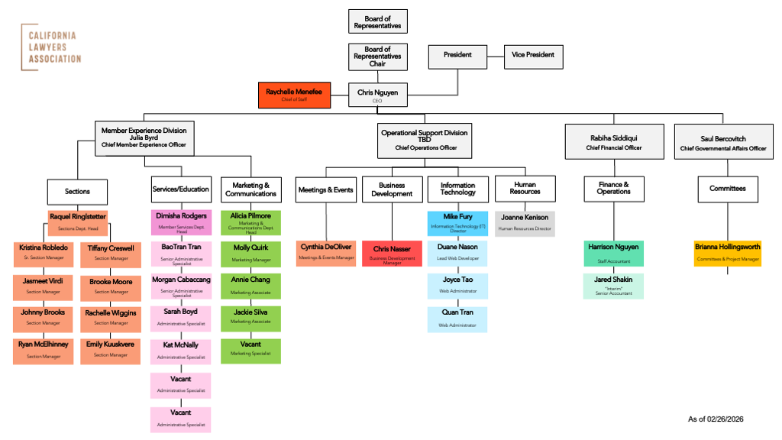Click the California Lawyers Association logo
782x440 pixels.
point(51,47)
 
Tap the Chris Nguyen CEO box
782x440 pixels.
point(378,95)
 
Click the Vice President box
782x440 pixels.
point(533,55)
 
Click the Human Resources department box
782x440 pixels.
point(524,189)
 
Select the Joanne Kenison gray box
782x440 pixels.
point(525,222)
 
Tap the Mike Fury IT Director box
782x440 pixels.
point(457,223)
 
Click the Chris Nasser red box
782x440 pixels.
point(392,254)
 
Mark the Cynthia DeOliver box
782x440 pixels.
point(326,252)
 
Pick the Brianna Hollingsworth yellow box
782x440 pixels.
point(727,253)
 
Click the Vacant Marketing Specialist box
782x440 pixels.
point(250,349)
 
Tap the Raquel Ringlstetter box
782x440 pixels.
point(77,222)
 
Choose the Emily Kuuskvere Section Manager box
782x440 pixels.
point(110,349)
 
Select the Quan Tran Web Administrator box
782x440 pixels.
point(457,318)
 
